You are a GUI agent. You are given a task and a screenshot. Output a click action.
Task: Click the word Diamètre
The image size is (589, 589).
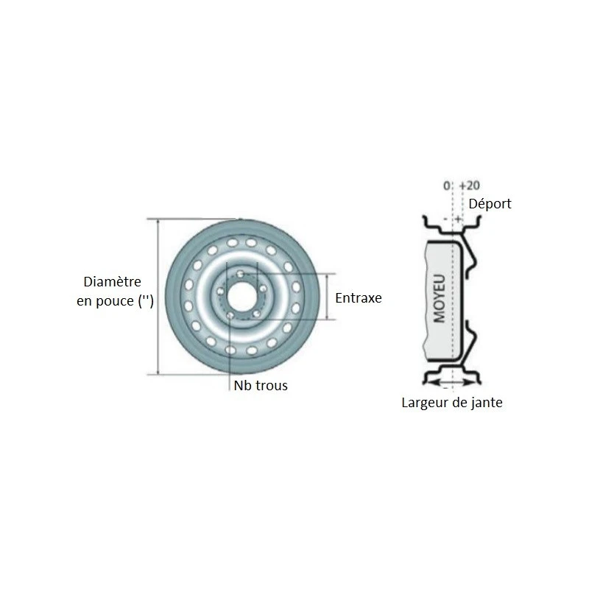(x=112, y=281)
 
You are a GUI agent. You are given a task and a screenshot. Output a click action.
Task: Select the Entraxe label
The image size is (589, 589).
(x=359, y=298)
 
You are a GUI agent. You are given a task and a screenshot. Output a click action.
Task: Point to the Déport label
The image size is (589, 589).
(x=490, y=203)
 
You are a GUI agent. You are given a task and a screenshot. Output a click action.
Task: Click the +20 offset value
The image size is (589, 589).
(x=469, y=186)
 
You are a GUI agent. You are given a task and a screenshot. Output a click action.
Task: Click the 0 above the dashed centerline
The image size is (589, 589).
(x=447, y=186)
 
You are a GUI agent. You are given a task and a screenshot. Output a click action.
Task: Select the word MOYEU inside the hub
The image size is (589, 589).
(x=440, y=299)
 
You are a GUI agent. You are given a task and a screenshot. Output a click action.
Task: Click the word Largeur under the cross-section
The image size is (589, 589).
(x=426, y=403)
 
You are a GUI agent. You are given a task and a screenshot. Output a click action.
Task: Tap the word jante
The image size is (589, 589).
(x=486, y=403)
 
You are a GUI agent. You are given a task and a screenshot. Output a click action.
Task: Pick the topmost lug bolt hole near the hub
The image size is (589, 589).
(x=241, y=274)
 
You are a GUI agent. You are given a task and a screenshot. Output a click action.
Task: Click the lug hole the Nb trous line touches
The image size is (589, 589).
(x=230, y=316)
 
